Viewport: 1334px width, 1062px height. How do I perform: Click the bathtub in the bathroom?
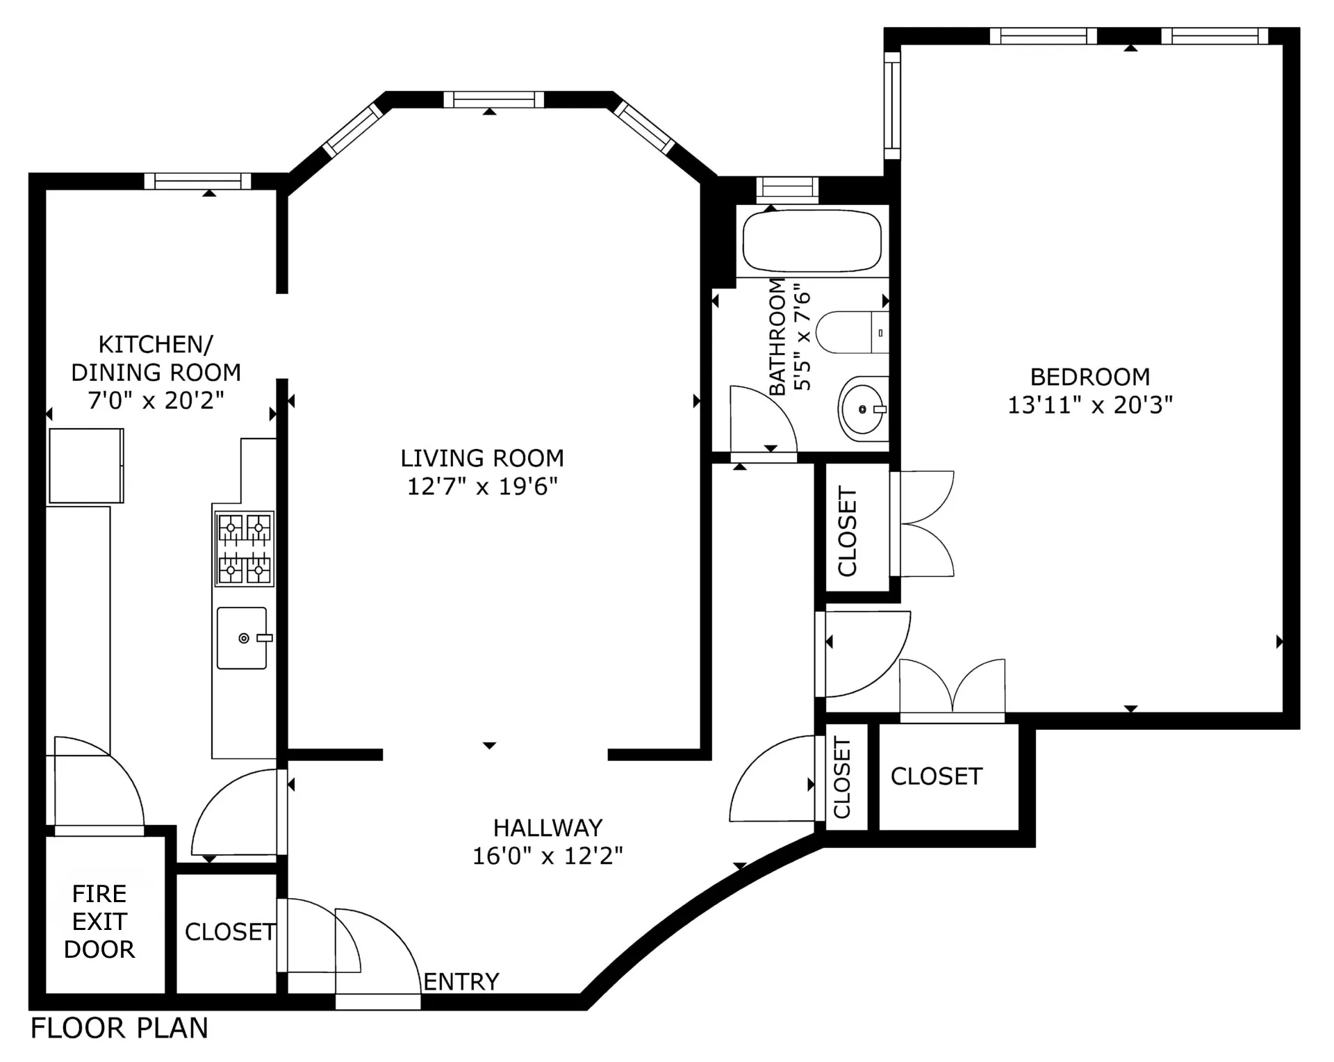click(812, 241)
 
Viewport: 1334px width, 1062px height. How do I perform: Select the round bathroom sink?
click(862, 409)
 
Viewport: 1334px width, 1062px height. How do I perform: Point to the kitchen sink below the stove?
click(242, 638)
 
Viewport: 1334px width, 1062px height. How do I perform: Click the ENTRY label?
click(461, 981)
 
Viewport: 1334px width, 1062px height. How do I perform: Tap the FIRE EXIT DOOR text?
click(99, 921)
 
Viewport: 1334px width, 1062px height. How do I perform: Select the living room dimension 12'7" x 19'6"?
click(482, 487)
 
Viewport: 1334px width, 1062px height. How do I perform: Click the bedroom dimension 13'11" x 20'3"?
click(1089, 405)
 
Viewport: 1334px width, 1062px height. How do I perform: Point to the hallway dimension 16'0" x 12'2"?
click(547, 856)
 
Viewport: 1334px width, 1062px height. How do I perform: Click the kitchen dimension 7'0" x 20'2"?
click(156, 400)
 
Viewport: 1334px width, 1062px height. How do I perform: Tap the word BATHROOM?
click(777, 336)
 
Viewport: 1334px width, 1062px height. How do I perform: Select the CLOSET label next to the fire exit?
click(229, 932)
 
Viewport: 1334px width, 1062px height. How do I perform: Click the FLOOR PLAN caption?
click(120, 1028)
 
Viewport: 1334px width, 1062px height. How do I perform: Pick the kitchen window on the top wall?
click(197, 181)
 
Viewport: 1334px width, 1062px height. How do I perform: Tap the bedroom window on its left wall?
click(892, 106)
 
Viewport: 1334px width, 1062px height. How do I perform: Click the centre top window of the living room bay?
click(493, 99)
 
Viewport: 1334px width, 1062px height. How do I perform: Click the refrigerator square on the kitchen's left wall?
click(85, 466)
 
